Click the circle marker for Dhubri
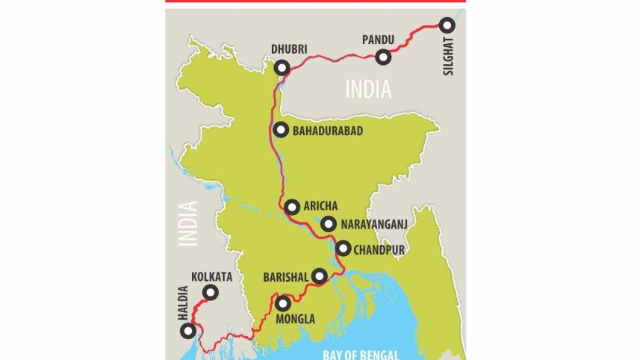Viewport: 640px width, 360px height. tap(282, 68)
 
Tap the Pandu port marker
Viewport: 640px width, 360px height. tap(383, 56)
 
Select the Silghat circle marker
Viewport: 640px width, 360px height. tap(447, 25)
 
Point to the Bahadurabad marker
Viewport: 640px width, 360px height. tap(280, 130)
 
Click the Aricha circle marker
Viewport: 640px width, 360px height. tap(292, 207)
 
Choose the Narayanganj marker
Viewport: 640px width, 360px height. tap(328, 223)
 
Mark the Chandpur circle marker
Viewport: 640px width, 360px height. tap(343, 249)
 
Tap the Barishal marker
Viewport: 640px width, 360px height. tap(320, 276)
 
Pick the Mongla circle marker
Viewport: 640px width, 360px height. tap(282, 303)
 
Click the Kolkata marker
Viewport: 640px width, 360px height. tap(211, 293)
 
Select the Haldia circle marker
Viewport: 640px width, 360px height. tap(191, 331)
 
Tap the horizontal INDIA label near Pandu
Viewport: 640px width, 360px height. tap(367, 90)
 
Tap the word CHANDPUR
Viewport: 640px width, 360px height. tap(380, 249)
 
